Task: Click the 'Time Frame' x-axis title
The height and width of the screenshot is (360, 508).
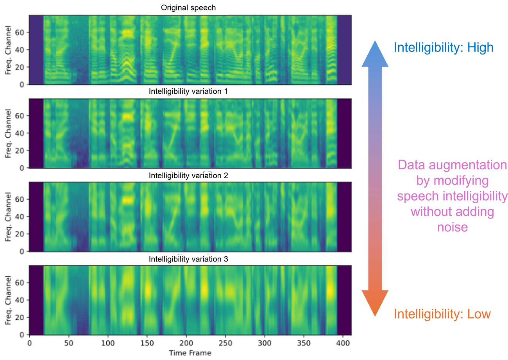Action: click(x=190, y=353)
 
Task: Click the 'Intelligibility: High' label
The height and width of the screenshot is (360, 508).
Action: click(x=444, y=47)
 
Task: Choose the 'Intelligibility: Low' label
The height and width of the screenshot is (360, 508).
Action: click(x=442, y=314)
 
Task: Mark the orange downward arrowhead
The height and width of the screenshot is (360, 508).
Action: click(x=374, y=303)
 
